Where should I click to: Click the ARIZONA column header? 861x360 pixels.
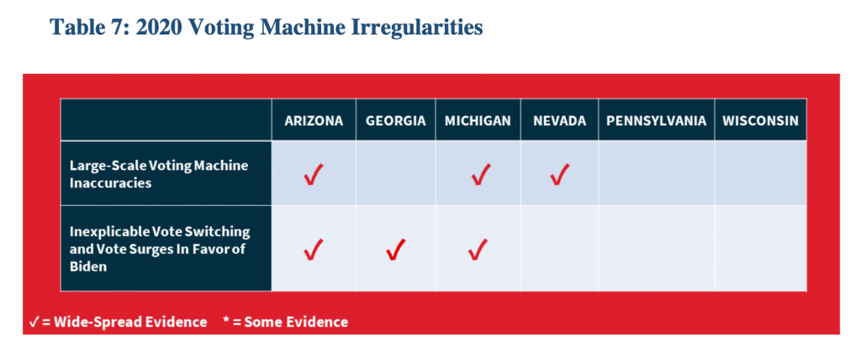point(314,121)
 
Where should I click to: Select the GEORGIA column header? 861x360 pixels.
point(395,121)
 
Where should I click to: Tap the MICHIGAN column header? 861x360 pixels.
point(478,121)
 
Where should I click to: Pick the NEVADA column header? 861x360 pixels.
point(559,121)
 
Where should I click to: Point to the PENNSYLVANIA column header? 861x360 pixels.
point(656,121)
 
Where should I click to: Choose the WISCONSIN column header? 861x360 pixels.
point(760,121)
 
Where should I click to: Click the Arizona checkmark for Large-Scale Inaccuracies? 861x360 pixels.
point(314,175)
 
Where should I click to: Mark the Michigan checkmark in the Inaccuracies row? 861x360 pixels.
point(480,175)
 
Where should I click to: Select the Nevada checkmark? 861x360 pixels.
point(559,175)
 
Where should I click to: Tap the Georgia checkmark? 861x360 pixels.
point(395,250)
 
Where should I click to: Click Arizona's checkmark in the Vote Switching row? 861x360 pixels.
point(314,250)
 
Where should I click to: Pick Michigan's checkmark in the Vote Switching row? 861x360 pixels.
point(478,250)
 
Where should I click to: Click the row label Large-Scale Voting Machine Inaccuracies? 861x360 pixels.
point(159,174)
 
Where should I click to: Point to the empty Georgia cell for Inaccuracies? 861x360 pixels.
point(396,173)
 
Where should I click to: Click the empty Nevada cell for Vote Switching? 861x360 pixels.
point(559,248)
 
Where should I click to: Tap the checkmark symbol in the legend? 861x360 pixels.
point(33,322)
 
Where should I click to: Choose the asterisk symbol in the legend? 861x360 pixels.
point(226,320)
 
